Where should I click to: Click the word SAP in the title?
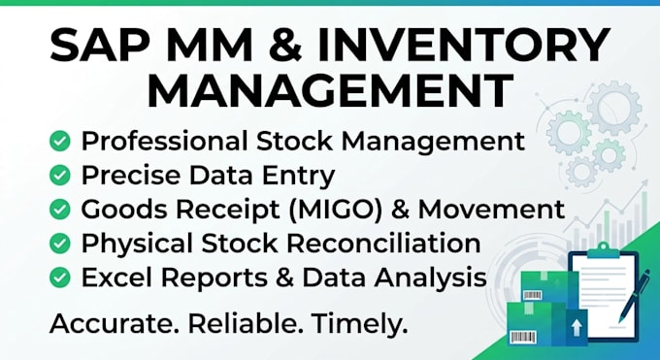coord(100,45)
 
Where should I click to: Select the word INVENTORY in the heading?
coord(464,45)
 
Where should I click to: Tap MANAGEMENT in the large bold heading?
coord(330,90)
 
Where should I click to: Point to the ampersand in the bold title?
coord(285,45)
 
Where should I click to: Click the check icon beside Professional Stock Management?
coord(60,141)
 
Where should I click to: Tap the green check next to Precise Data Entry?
coord(60,175)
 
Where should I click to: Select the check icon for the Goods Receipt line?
coord(60,210)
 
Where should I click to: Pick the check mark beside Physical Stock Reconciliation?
coord(60,244)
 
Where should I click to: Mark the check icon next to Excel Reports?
coord(60,278)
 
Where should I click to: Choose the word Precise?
coord(130,176)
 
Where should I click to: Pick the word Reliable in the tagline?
coord(246,323)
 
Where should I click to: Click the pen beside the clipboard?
coord(634,296)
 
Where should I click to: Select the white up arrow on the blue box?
coord(577,327)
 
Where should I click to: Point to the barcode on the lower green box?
coord(523,338)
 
